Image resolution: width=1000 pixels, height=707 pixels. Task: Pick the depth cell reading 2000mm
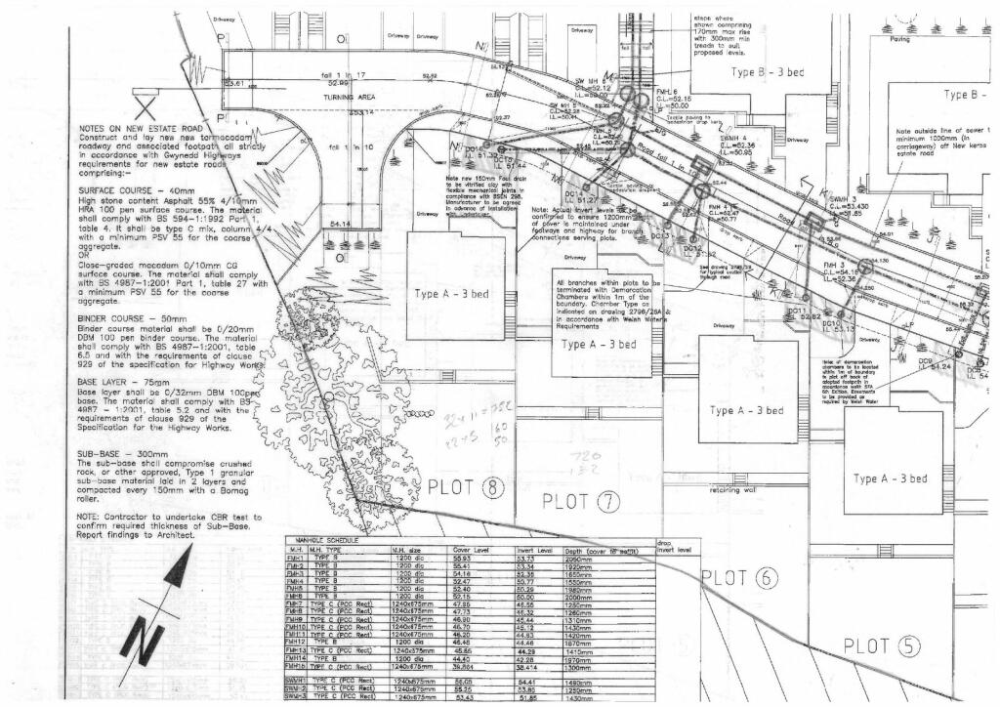click(x=587, y=597)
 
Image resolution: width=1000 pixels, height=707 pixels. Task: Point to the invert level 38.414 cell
click(x=532, y=666)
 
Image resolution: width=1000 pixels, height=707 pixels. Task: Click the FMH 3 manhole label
click(x=833, y=265)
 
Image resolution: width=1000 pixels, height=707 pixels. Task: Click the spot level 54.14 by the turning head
click(x=341, y=224)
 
